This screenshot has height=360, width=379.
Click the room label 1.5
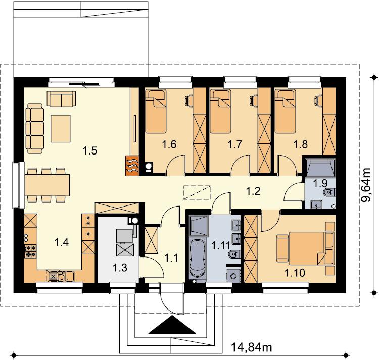90,150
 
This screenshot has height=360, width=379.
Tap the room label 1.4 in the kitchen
62,242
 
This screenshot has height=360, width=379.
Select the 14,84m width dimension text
252,347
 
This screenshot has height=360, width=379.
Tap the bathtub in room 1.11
198,260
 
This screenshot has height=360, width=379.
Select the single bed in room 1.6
156,111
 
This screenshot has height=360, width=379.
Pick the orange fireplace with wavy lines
132,165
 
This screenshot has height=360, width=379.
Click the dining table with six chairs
47,185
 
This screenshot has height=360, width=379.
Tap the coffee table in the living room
61,128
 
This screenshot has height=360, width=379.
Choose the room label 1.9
320,183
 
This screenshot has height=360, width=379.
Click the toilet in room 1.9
329,192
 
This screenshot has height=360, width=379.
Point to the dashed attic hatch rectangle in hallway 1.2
197,192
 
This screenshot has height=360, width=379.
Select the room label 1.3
120,268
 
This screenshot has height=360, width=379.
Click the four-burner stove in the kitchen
30,251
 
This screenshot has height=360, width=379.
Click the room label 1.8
301,144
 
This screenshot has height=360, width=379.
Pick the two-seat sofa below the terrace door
61,98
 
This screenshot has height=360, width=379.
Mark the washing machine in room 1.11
233,275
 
